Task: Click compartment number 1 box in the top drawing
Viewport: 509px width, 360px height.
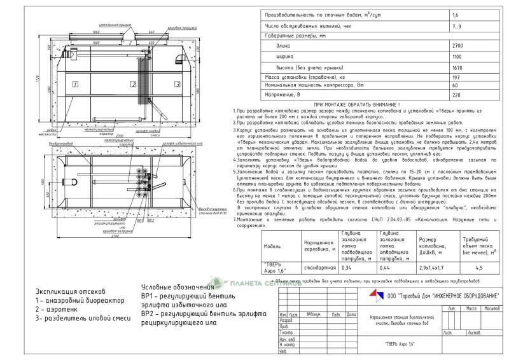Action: (74, 84)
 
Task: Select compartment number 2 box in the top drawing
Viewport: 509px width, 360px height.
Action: (134, 84)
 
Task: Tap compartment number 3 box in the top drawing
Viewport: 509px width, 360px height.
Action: (169, 84)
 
